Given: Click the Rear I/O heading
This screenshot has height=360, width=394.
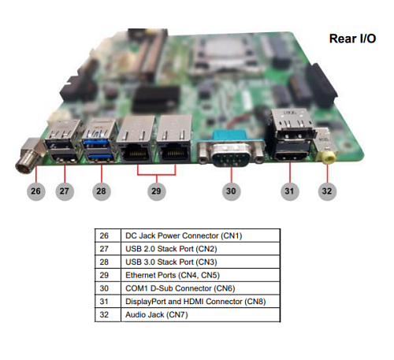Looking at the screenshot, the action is (x=352, y=39).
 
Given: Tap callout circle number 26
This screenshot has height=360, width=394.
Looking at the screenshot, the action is (x=35, y=191).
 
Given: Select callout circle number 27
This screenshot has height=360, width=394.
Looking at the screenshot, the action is (x=65, y=191).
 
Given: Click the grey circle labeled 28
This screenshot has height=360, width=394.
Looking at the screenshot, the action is (x=101, y=191).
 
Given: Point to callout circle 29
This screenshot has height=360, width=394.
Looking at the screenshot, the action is (x=156, y=191).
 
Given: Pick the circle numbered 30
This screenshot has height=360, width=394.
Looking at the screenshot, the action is (x=231, y=191).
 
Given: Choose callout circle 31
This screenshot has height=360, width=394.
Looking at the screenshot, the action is (x=289, y=191).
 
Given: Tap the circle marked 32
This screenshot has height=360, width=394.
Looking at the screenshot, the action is (x=327, y=191).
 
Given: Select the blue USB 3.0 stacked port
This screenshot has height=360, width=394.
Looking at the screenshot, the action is (x=99, y=141).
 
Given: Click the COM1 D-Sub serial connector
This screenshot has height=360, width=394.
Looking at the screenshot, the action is (x=231, y=151).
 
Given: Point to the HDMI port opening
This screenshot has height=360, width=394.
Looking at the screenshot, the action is (x=291, y=157).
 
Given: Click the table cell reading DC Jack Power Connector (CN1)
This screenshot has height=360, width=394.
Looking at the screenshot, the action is (x=184, y=236).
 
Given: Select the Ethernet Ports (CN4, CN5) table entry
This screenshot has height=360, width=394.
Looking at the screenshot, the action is (x=173, y=275).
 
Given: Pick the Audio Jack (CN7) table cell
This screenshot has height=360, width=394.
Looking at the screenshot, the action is (x=157, y=314).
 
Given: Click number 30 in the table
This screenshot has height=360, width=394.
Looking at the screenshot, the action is (x=104, y=288).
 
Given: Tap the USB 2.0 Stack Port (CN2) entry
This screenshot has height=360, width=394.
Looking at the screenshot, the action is (x=171, y=249).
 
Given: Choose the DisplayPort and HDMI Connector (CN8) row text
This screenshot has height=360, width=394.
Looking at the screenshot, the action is (x=195, y=302).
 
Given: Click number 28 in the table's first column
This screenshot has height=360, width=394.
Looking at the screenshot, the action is (x=104, y=262).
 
